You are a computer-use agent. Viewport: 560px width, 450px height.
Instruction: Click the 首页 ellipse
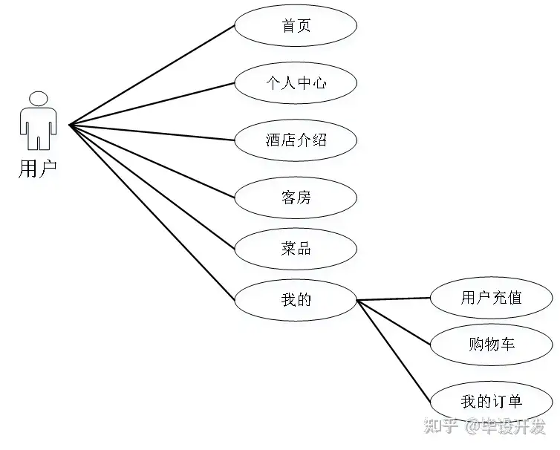296,26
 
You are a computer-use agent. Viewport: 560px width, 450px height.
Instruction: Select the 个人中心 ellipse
296,82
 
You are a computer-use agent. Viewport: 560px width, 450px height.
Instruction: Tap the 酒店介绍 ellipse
296,140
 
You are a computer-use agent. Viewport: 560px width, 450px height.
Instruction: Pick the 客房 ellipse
296,197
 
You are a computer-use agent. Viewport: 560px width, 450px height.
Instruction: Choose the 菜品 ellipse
296,249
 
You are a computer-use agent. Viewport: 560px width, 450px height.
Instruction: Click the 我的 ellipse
296,300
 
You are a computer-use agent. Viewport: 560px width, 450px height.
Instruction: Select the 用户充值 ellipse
491,298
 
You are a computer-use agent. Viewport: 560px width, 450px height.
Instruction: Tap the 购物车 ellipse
491,344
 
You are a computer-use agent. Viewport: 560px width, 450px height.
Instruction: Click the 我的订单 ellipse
491,402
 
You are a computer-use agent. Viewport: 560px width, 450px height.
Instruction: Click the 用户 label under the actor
37,169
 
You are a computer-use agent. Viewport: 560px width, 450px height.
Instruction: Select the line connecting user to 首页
152,74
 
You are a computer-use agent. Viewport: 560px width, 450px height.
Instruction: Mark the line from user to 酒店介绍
152,132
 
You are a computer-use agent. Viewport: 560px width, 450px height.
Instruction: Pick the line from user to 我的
152,212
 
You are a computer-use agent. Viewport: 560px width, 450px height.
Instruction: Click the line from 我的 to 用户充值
394,299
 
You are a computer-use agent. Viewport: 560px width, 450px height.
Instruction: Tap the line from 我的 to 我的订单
394,350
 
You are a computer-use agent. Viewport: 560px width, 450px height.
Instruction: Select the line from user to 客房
152,161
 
